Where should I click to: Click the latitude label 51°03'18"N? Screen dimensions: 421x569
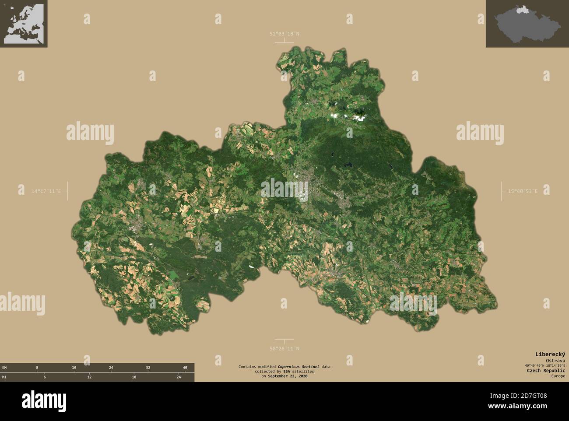click(284, 34)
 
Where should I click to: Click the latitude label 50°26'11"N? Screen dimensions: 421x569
click(284, 348)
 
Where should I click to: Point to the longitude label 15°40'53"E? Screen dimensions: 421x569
click(522, 191)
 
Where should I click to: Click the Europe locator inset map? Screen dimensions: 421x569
click(24, 24)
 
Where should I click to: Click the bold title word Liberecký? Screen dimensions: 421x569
click(551, 354)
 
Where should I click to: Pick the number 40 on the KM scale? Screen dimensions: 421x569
click(185, 368)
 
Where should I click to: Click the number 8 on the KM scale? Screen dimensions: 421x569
click(37, 368)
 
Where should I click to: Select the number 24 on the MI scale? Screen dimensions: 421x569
click(179, 377)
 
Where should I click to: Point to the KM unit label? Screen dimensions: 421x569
click(4, 368)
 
